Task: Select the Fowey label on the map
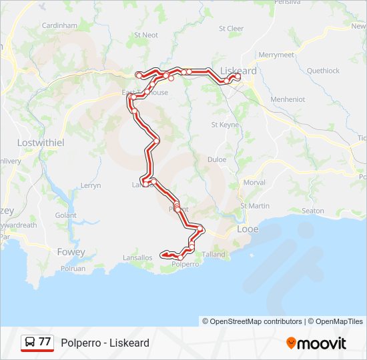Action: coord(71,252)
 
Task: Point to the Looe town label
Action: coord(248,229)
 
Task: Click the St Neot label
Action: coord(146,35)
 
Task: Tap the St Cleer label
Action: coord(232,29)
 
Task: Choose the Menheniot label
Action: coord(288,99)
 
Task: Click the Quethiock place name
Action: coord(323,71)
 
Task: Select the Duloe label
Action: coord(217,159)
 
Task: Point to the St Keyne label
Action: coord(225,125)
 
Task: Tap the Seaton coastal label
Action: coord(313,211)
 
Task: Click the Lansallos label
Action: coord(138,257)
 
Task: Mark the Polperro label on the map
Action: coord(186,264)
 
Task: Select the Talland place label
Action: coord(214,254)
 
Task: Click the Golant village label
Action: coord(66,215)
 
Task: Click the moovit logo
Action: coord(316,343)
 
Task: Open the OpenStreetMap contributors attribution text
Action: coord(252,321)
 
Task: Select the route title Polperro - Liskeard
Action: coord(105,343)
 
